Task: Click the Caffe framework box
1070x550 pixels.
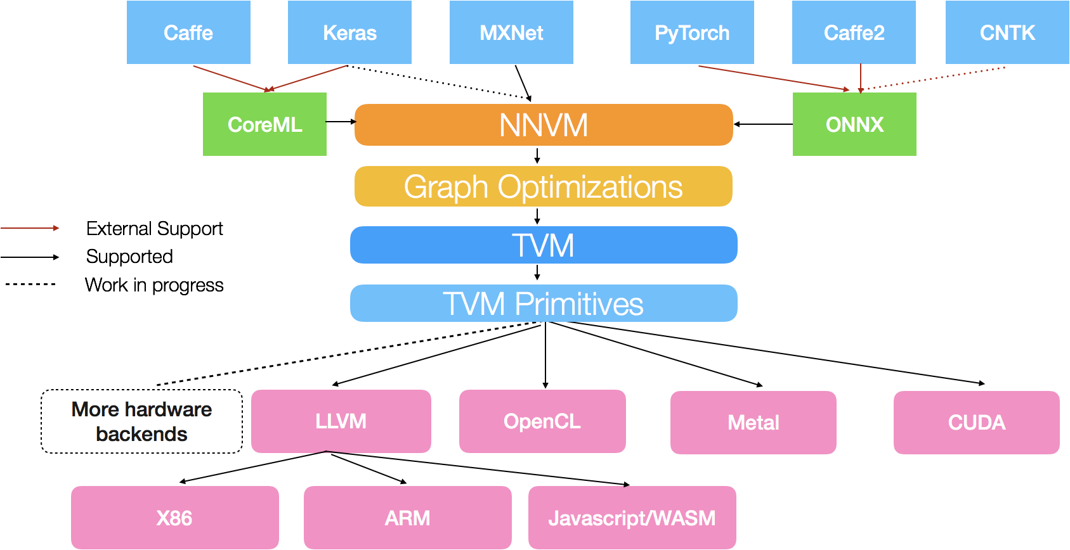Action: click(x=188, y=32)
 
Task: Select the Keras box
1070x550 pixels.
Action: click(x=349, y=32)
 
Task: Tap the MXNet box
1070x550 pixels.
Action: click(x=511, y=32)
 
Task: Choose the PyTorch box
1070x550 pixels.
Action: click(x=692, y=32)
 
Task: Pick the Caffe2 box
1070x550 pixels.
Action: click(x=854, y=32)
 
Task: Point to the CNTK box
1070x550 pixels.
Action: click(x=1007, y=32)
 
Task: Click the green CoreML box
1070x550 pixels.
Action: click(x=264, y=124)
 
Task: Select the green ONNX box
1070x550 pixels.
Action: click(x=854, y=124)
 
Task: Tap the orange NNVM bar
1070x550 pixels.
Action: click(x=544, y=125)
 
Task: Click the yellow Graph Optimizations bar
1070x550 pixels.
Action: click(x=544, y=186)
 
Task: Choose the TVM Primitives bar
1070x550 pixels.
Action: click(x=544, y=304)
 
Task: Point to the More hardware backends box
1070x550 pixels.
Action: click(x=141, y=421)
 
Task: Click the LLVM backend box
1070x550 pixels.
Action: click(x=341, y=421)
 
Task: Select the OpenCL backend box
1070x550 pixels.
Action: click(x=542, y=421)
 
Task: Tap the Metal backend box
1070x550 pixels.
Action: click(x=754, y=423)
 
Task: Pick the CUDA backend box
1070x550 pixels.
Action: click(x=977, y=423)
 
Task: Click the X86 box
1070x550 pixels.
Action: click(x=174, y=518)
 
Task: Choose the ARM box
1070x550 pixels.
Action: click(x=408, y=518)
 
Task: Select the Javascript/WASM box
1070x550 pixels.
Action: click(x=632, y=518)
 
